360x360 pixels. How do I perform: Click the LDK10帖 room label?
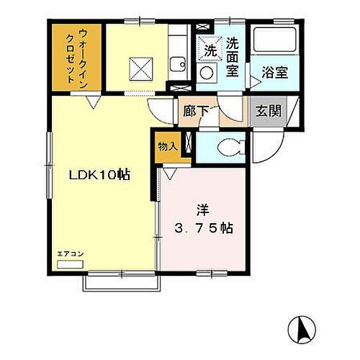pyautogui.click(x=99, y=175)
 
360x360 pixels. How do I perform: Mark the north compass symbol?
pyautogui.click(x=303, y=331)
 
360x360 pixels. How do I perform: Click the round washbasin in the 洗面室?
pyautogui.click(x=207, y=73)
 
